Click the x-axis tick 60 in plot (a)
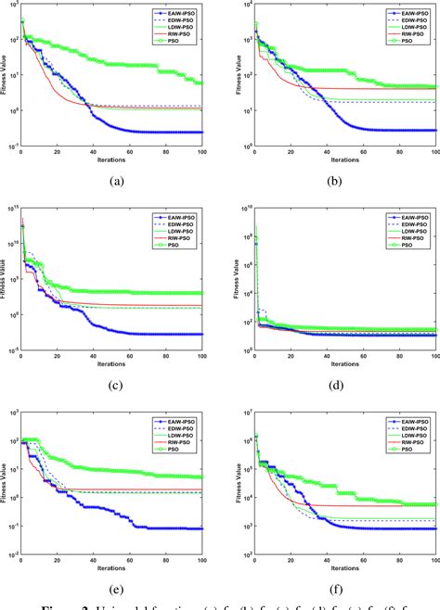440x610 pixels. [129, 153]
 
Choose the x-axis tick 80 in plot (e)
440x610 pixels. [165, 561]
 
